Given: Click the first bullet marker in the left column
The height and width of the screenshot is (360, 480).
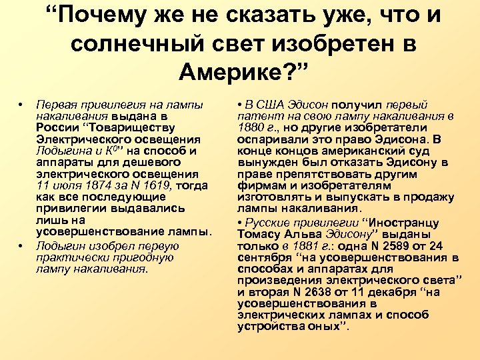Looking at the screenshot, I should click(x=21, y=105).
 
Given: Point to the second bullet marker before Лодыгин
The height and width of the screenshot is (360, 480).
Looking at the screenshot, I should click(x=21, y=245).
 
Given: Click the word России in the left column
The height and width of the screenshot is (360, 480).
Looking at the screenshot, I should click(x=57, y=127).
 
